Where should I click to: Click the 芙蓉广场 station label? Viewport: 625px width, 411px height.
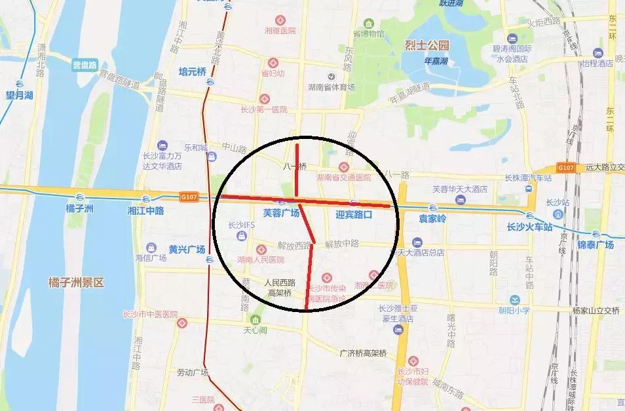(x=281, y=213)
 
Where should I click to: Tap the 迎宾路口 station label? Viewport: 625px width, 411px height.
(x=354, y=214)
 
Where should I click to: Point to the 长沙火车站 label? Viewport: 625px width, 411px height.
(x=529, y=227)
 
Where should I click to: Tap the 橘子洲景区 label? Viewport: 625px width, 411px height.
(x=77, y=283)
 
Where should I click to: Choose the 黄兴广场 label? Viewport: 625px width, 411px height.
(x=187, y=249)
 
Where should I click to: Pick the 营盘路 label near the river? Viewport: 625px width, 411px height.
(x=84, y=65)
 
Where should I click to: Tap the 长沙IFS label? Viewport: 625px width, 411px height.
(x=241, y=225)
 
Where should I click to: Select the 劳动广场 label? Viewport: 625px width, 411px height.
(x=192, y=373)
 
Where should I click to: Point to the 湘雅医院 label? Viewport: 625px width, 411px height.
(x=280, y=30)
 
